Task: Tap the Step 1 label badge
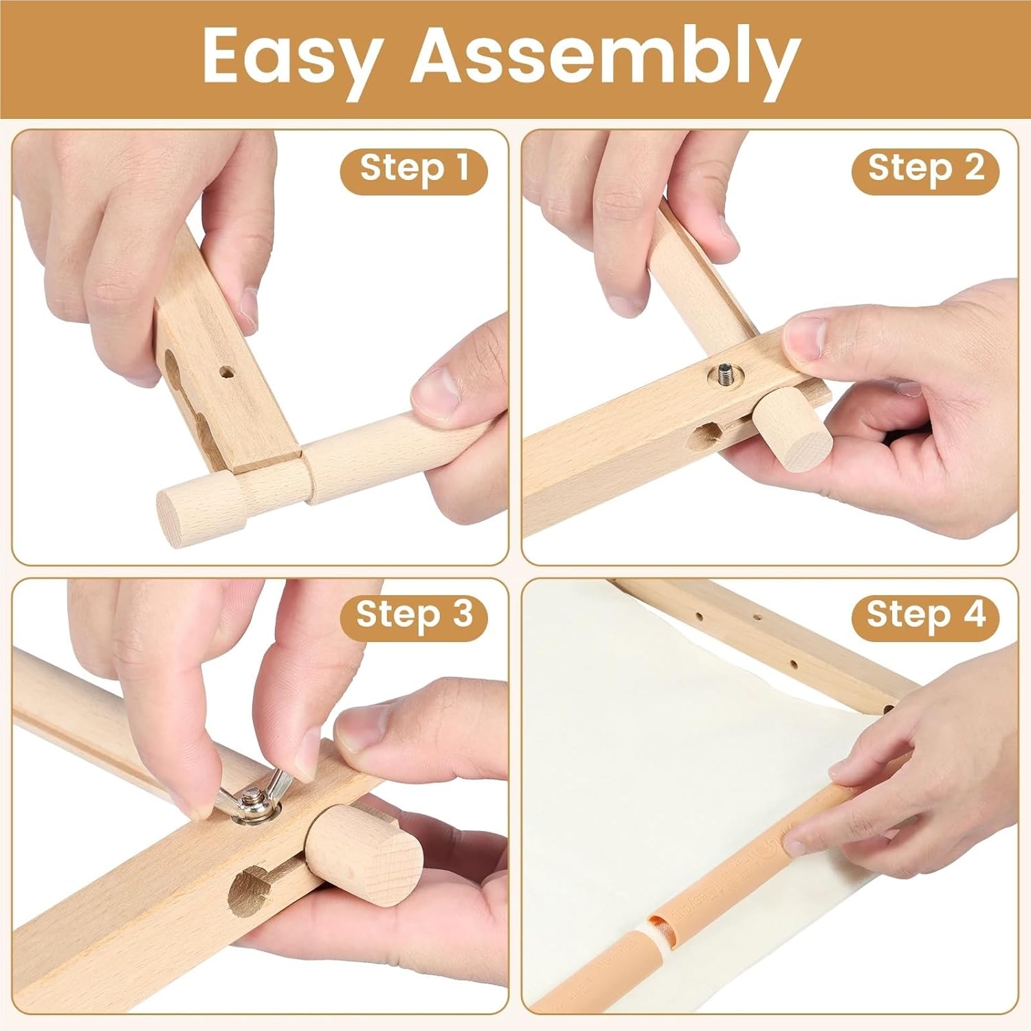tap(414, 169)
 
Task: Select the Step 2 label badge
tap(925, 169)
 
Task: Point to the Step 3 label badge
tap(414, 614)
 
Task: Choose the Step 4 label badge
tap(925, 614)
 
